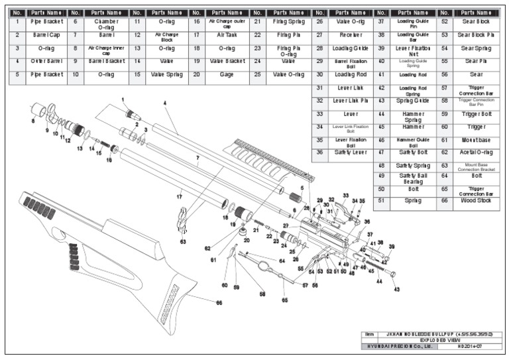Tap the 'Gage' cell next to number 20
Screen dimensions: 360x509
[x=226, y=74]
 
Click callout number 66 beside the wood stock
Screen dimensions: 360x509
[x=218, y=302]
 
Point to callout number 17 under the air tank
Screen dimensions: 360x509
[x=180, y=197]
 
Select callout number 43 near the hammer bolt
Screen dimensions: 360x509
[x=397, y=289]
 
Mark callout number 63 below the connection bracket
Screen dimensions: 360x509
[x=182, y=242]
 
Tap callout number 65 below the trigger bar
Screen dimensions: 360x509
[x=285, y=300]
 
